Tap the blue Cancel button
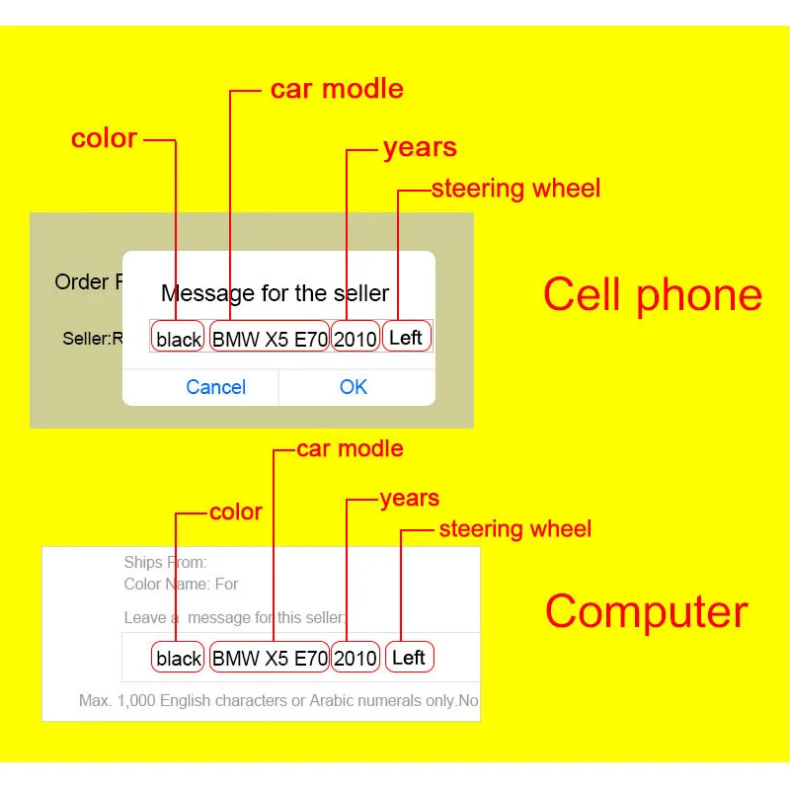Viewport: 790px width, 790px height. point(215,387)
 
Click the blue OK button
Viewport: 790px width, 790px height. point(354,387)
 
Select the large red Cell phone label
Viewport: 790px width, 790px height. point(653,295)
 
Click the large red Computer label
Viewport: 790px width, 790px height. point(647,611)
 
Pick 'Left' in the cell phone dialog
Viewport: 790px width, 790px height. point(407,336)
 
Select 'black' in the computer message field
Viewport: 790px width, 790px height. point(178,657)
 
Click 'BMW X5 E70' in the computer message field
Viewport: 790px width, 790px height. point(270,657)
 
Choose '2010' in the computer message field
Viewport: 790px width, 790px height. point(355,657)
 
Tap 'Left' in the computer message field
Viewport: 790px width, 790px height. point(410,657)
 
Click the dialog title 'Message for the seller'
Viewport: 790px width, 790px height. point(276,293)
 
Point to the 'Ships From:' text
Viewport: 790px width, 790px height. point(165,562)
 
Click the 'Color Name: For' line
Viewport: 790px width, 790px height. point(181,584)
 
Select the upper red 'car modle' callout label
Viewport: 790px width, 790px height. point(337,89)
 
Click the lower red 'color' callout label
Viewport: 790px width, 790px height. point(236,512)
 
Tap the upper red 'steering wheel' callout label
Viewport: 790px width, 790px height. point(515,189)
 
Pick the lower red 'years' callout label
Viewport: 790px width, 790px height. point(410,499)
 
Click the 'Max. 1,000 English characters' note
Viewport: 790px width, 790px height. point(278,700)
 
